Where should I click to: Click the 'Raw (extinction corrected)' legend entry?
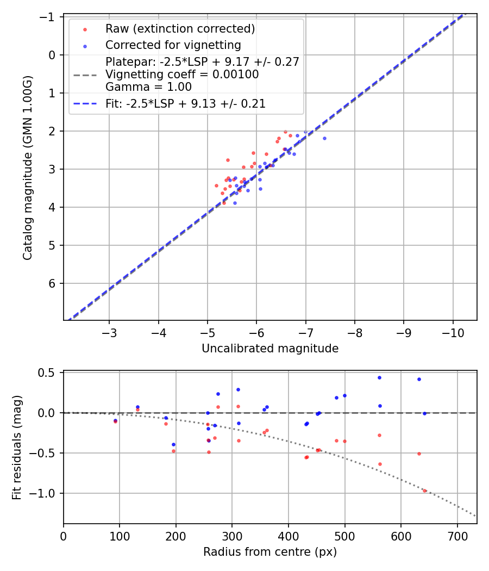pos(180,28)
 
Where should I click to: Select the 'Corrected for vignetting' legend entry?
pos(173,45)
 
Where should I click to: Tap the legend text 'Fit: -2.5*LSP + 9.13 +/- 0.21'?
pos(185,104)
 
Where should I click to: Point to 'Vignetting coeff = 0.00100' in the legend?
pos(182,75)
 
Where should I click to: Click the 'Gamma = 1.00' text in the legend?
pos(148,87)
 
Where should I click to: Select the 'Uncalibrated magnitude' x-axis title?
pos(270,349)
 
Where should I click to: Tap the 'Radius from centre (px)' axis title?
pos(270,552)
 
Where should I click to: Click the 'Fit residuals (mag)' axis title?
pos(16,448)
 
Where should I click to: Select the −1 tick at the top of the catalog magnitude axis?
pos(50,17)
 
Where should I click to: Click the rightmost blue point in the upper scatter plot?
pos(324,138)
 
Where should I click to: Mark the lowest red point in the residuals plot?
pos(424,491)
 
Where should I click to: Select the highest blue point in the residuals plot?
pos(379,377)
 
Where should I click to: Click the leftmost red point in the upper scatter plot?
pos(216,185)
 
